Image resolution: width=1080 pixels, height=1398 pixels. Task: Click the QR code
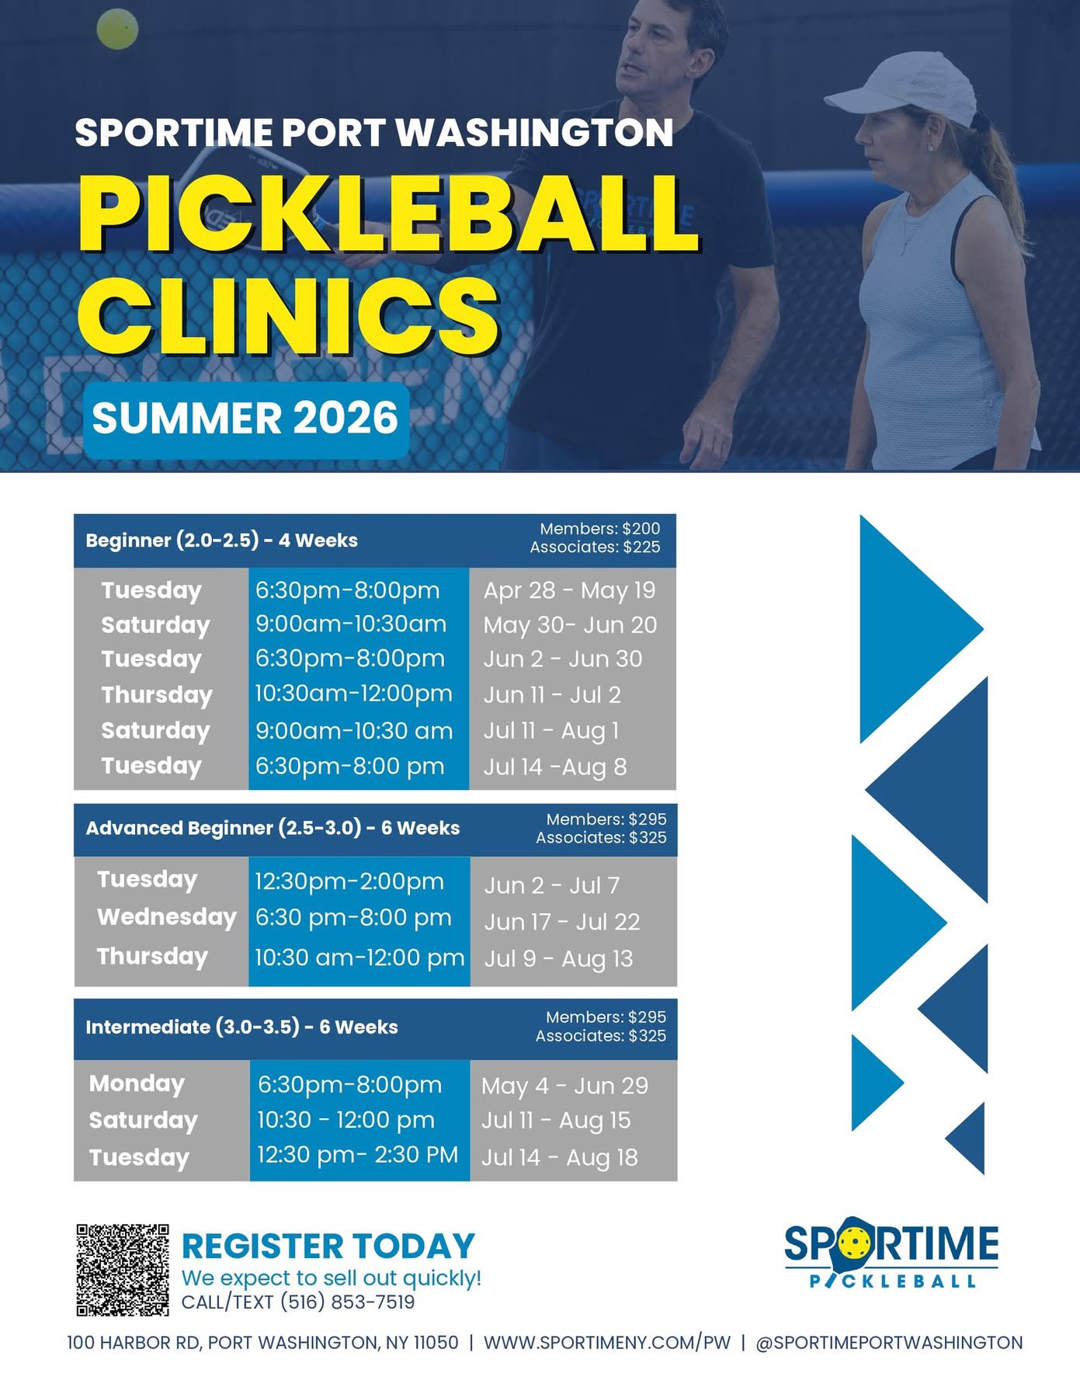(123, 1270)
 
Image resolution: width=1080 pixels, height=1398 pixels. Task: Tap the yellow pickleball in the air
(117, 29)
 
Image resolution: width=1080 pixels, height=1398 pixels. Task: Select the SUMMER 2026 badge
(246, 419)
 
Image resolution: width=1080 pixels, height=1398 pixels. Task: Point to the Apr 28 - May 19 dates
(569, 590)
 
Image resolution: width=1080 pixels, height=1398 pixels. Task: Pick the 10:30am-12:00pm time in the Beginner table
(353, 693)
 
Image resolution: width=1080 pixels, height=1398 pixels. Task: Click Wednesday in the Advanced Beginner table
(166, 917)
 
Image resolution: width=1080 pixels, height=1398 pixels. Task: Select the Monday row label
(137, 1084)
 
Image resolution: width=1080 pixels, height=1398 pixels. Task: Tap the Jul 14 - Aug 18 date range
(559, 1157)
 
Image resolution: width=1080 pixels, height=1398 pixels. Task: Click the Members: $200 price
(599, 529)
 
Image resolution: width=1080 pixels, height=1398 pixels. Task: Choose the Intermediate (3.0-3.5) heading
(193, 1027)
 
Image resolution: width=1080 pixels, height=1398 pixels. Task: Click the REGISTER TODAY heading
(328, 1247)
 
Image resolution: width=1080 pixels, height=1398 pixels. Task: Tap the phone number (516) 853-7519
(347, 1302)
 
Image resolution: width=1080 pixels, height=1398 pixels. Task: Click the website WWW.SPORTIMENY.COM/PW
(607, 1343)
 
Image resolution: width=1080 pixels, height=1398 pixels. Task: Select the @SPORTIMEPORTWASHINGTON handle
(889, 1343)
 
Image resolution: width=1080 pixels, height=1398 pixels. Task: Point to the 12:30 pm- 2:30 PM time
(357, 1155)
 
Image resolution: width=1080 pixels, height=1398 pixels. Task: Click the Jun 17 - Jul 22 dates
(562, 922)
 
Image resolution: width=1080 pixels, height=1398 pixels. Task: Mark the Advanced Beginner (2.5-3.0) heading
(224, 828)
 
